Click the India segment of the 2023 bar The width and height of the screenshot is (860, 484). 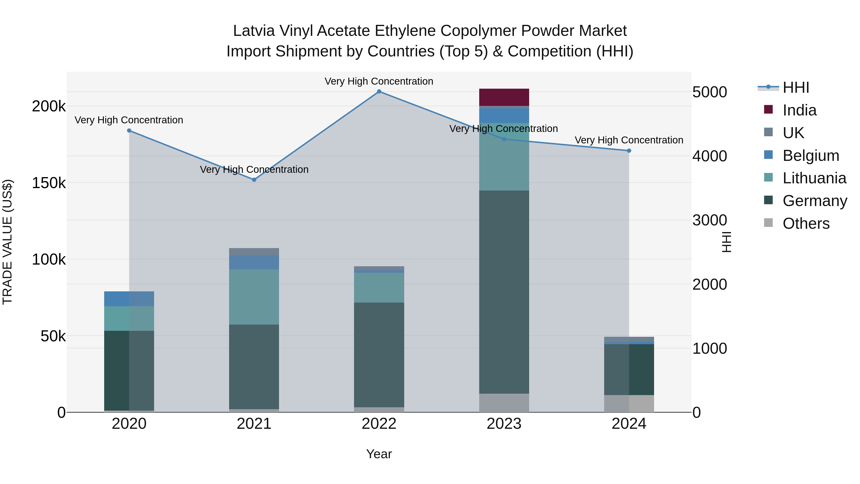point(504,97)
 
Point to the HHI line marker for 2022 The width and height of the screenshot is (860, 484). point(379,92)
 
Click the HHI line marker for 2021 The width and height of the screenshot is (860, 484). point(254,180)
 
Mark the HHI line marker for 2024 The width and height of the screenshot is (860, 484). point(629,151)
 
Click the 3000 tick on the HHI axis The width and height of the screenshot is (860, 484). point(709,220)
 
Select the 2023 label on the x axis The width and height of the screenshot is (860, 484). point(504,424)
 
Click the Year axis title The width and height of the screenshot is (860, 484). point(379,454)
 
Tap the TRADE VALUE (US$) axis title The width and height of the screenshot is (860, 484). point(7,242)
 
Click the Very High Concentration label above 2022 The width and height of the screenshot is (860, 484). point(379,81)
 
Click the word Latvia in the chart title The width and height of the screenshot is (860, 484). point(254,31)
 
